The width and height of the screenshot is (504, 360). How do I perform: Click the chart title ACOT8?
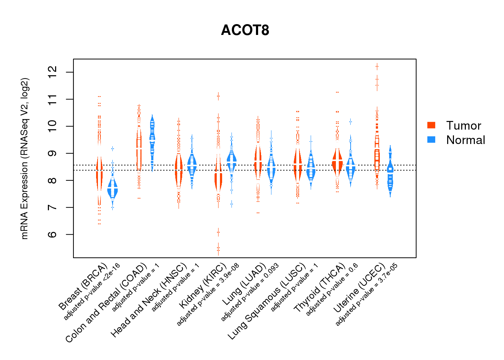[x=245, y=30]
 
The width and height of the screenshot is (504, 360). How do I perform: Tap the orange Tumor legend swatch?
[x=431, y=125]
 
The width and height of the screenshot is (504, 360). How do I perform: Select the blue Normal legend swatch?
[x=431, y=139]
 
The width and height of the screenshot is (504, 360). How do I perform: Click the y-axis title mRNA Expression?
[x=24, y=158]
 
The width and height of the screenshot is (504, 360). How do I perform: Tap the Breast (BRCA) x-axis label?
[x=83, y=287]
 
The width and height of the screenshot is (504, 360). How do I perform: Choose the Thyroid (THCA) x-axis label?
[x=320, y=288]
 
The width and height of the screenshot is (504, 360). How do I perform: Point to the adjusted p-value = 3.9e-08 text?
[x=208, y=295]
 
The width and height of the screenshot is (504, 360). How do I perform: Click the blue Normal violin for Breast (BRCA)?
[x=113, y=189]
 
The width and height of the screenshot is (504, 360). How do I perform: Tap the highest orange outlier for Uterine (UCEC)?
[x=377, y=66]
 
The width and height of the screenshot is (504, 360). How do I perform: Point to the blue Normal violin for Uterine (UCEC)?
[x=390, y=173]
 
